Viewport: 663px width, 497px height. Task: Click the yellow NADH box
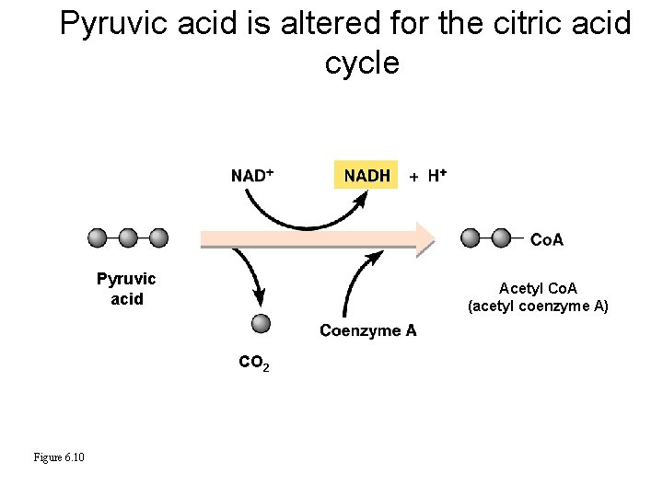coord(366,175)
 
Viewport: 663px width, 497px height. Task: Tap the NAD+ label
coord(252,176)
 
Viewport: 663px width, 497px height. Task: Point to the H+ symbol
coord(437,175)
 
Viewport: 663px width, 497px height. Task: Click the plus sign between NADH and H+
coord(413,176)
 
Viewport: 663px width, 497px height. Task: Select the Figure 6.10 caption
coord(59,457)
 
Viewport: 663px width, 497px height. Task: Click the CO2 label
coord(253,364)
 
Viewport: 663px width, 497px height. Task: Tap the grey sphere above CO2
coord(261,323)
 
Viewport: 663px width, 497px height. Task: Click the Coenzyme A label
coord(367,330)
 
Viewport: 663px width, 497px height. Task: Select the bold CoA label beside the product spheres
coord(547,240)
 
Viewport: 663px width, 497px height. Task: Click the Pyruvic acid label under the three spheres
coord(127,288)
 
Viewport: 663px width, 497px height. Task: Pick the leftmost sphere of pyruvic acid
coord(98,238)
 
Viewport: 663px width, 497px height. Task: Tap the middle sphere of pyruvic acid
coord(128,238)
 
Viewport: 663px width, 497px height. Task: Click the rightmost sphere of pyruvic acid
coord(158,238)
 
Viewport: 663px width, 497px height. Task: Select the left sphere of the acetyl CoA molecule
coord(471,238)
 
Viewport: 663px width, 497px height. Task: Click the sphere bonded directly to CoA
coord(501,238)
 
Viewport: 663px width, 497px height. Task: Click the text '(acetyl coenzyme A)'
coord(538,306)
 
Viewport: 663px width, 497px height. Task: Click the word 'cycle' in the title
coord(362,63)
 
